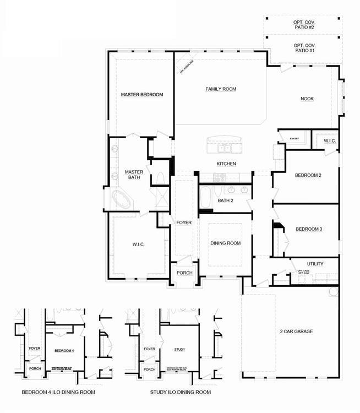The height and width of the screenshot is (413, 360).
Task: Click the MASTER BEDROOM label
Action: coord(142,95)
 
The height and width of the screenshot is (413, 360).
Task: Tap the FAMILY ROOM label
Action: coord(221,89)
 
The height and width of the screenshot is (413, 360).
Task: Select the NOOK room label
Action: coord(307,99)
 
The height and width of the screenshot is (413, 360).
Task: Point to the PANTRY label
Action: coord(294,138)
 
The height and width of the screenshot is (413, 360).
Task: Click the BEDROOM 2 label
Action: coord(308,175)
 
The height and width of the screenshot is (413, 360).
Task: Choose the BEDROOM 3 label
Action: coord(309,229)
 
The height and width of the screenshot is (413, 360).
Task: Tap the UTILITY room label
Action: coord(315,264)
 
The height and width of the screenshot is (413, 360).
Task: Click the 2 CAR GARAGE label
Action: coord(296,332)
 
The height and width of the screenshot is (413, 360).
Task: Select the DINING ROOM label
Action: coord(226,243)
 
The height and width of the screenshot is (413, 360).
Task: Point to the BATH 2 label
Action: coord(226,200)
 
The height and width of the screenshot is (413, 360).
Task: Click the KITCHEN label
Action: coord(226,164)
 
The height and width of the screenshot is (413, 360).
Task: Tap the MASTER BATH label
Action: coord(134,175)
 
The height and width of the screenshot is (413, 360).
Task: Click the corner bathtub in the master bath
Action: coord(122,199)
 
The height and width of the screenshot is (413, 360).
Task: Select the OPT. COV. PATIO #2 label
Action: coord(304,25)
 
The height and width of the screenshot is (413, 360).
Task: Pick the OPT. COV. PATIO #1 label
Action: coord(304,48)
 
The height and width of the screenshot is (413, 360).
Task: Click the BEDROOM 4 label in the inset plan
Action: coord(64,351)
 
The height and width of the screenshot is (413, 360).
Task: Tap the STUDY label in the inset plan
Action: coord(179,350)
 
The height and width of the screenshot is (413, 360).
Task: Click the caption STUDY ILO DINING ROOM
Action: coord(181,393)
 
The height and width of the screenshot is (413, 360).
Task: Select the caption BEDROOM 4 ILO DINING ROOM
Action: coord(58,393)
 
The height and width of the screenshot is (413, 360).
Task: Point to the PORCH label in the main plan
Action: coord(184,274)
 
